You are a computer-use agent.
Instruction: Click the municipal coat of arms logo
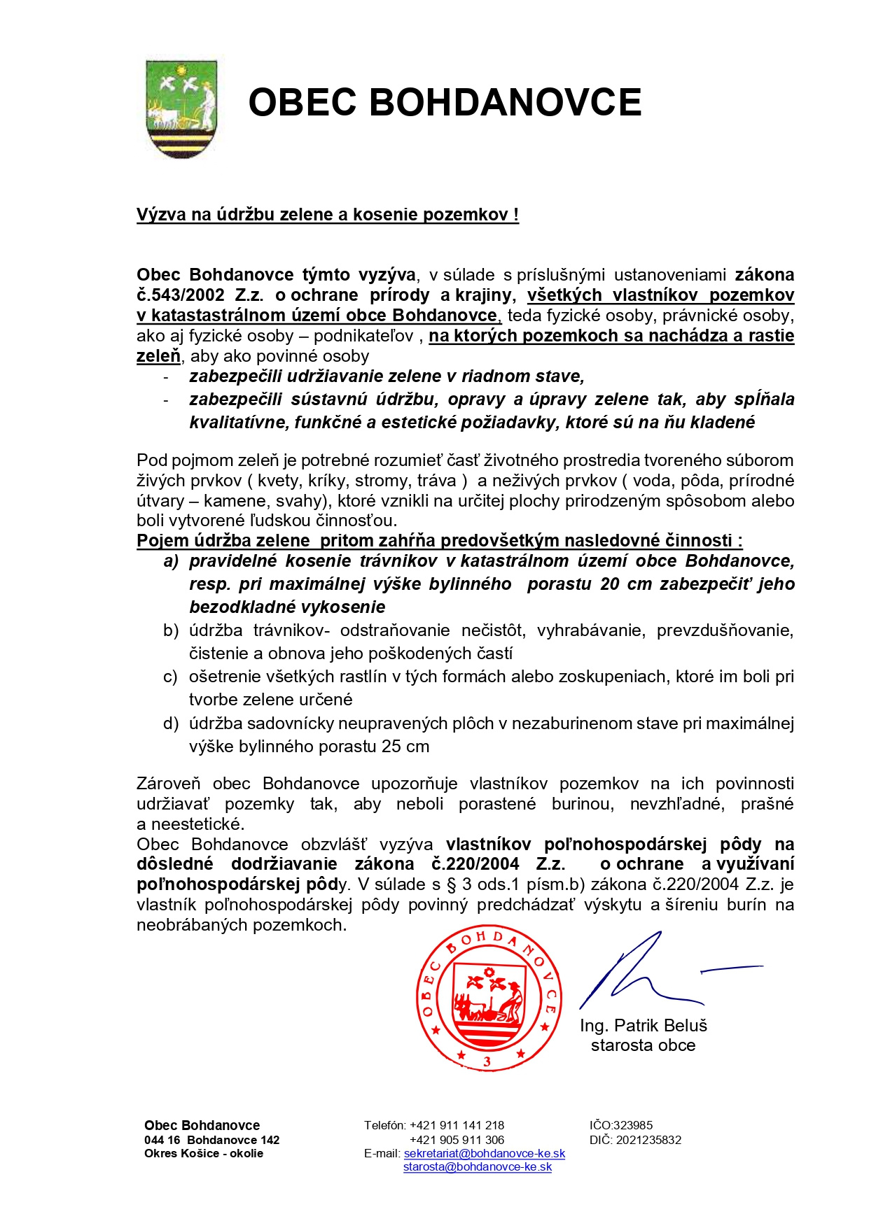point(181,108)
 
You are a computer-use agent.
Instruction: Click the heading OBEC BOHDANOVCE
point(445,102)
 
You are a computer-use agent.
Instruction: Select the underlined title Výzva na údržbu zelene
point(327,214)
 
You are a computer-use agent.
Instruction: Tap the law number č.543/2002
point(181,295)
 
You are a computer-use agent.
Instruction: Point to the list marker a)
point(171,561)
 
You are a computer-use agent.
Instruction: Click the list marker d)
point(171,723)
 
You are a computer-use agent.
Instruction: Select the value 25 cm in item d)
point(405,746)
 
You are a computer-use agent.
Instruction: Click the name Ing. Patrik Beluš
point(644,1025)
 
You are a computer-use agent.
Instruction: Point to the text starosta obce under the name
point(643,1045)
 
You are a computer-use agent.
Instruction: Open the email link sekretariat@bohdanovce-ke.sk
point(485,1154)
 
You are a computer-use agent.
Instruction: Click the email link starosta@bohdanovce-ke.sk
point(478,1167)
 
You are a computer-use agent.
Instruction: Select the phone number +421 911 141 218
point(457,1125)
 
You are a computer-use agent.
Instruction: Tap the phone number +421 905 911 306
point(457,1140)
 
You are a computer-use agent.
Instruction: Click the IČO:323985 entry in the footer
point(621,1125)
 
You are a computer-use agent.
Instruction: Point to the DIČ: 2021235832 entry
point(635,1140)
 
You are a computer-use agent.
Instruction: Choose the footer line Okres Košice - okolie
point(204,1153)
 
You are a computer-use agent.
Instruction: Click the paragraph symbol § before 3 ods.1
point(452,884)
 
